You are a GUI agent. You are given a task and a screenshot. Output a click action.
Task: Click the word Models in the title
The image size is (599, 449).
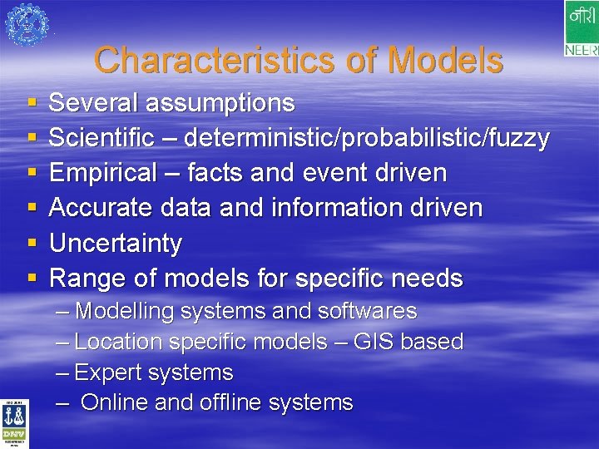(x=445, y=60)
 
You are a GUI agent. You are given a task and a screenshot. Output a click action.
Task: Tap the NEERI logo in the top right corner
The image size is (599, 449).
(x=581, y=29)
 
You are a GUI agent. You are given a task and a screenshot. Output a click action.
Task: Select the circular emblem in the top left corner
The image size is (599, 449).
(x=27, y=24)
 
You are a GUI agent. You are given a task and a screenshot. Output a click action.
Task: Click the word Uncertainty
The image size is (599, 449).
(x=115, y=244)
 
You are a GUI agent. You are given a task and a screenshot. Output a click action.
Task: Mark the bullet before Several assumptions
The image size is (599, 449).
(x=32, y=104)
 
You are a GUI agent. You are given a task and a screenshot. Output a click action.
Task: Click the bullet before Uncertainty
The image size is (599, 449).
(x=32, y=244)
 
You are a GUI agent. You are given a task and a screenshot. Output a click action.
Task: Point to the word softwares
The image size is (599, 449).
(x=367, y=312)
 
